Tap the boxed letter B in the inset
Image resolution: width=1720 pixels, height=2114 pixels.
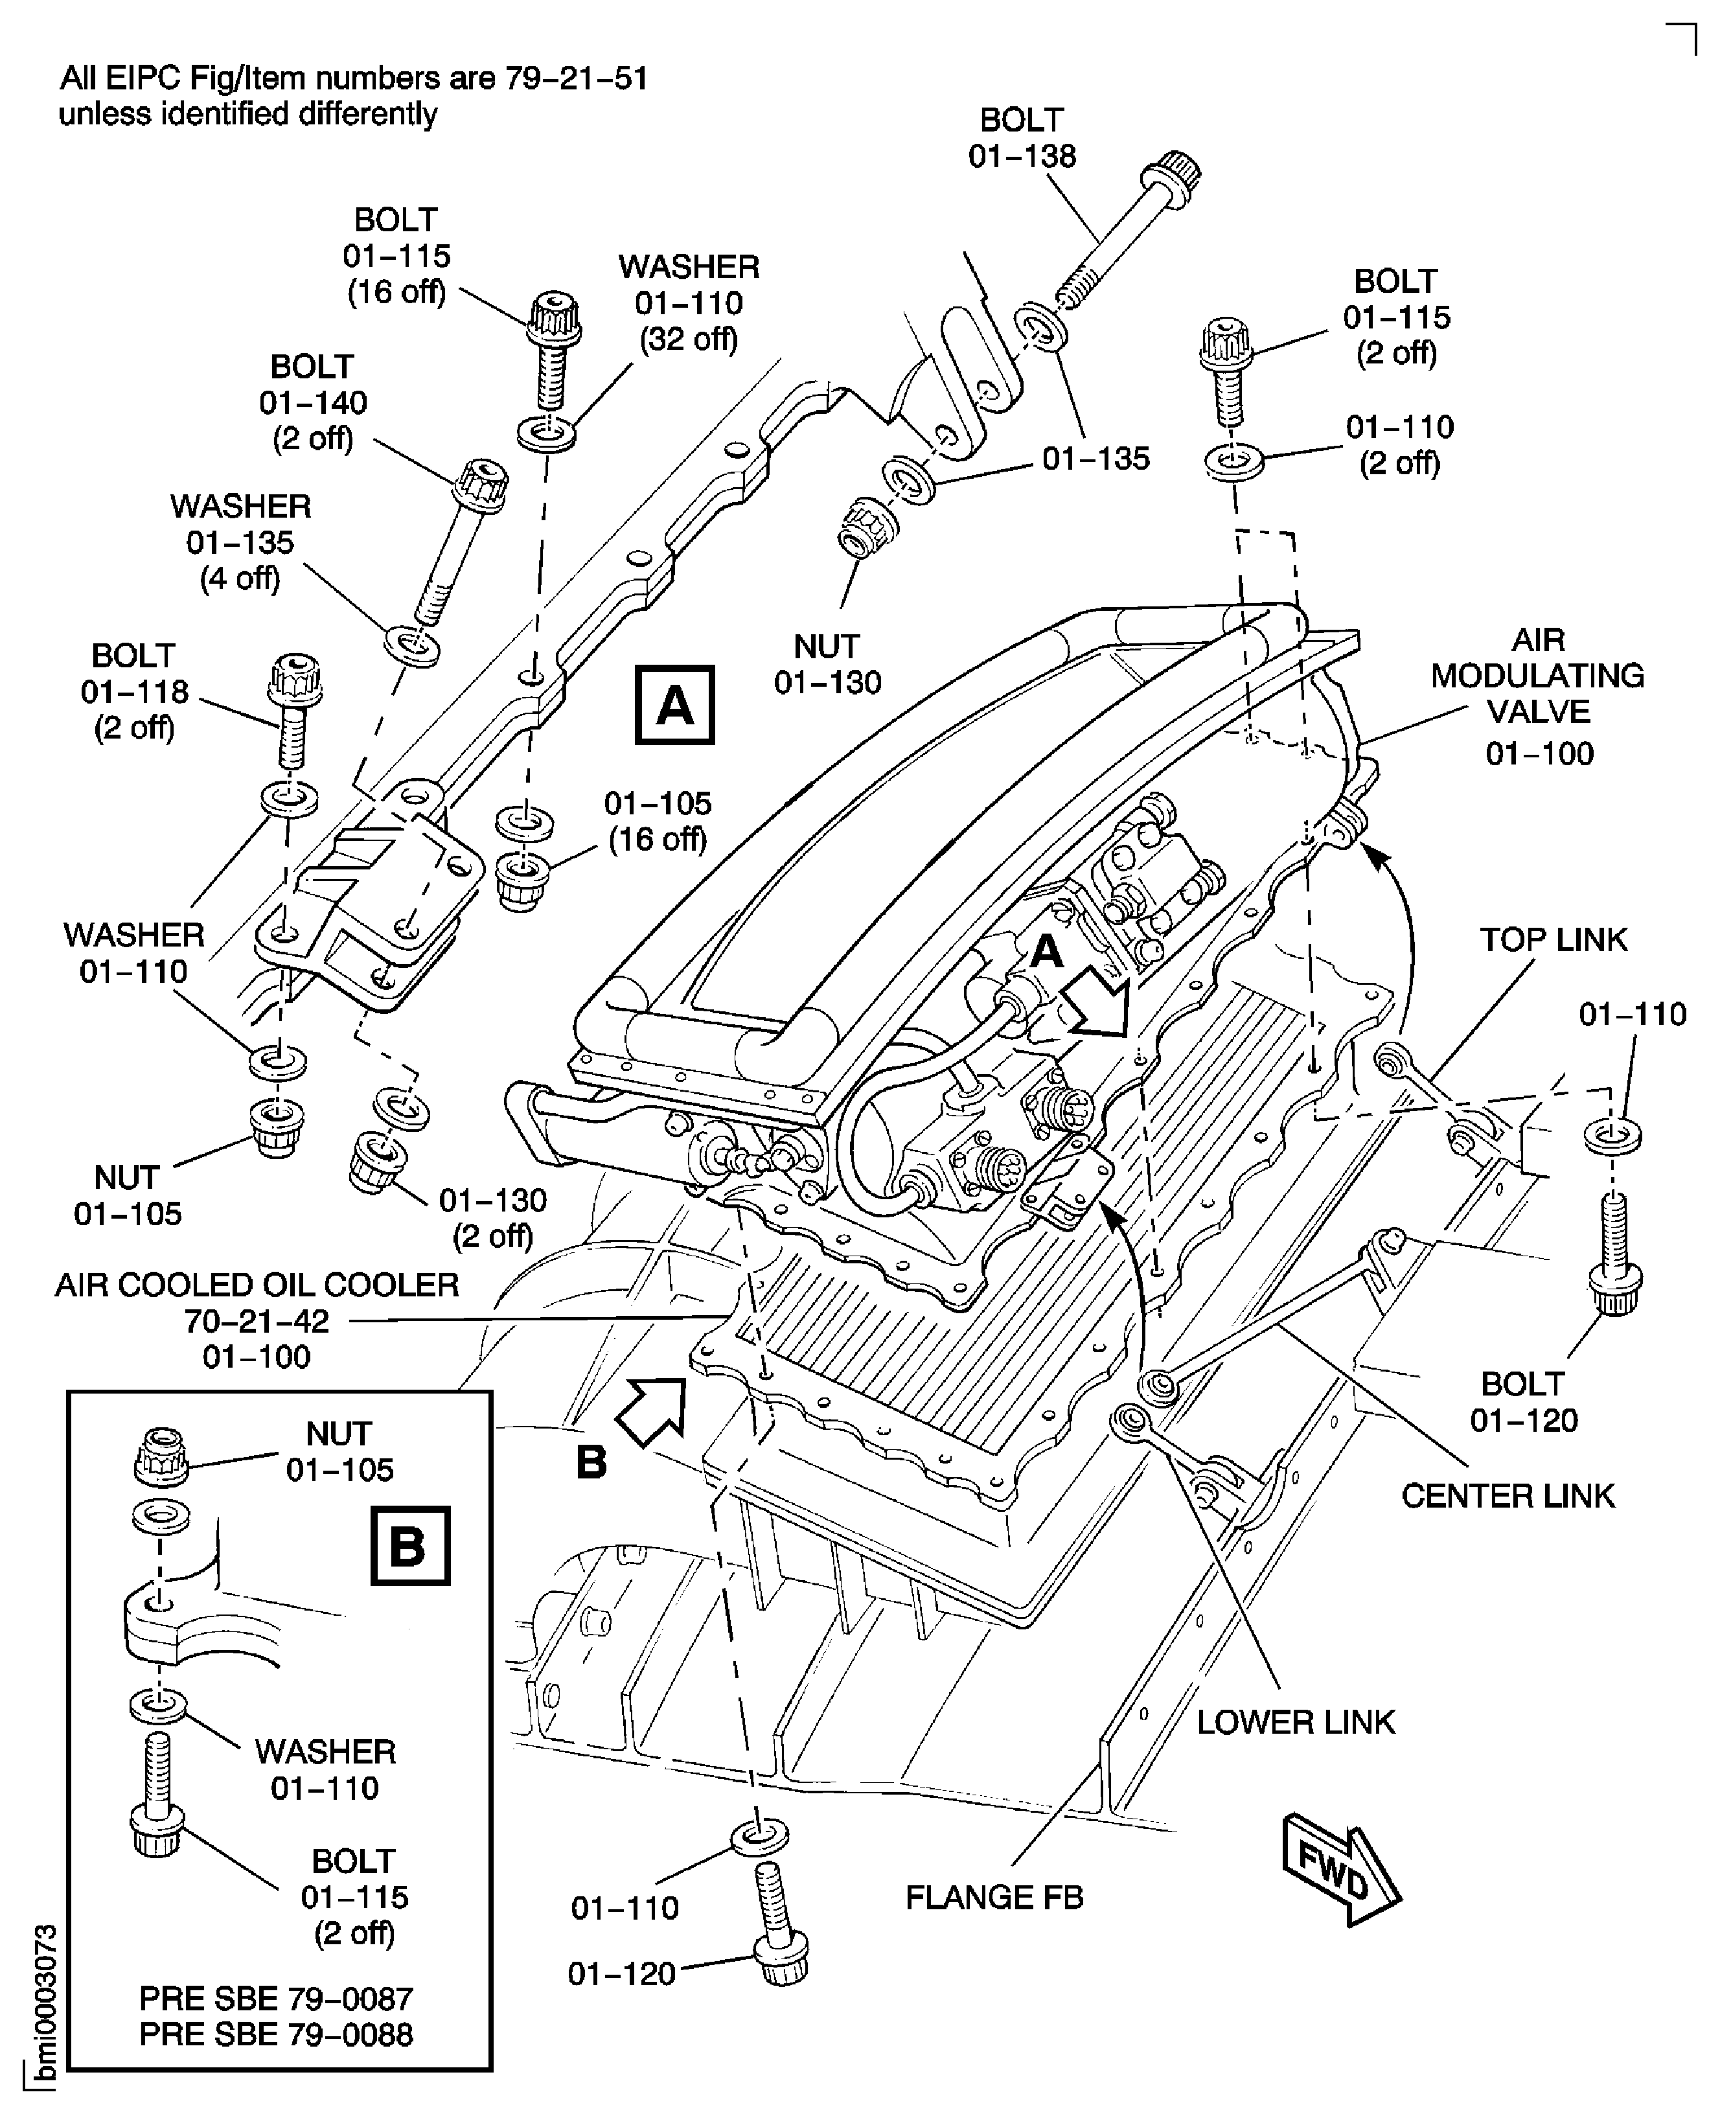[x=409, y=1545]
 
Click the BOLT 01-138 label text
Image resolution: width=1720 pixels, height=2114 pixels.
[x=1022, y=138]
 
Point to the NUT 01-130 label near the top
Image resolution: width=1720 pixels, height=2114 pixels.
[x=827, y=663]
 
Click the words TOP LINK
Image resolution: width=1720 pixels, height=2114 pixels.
[x=1553, y=939]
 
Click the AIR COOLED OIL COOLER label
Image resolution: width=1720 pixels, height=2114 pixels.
[x=257, y=1320]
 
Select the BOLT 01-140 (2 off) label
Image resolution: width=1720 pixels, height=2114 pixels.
[x=313, y=402]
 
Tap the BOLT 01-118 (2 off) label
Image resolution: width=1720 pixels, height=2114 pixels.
[x=133, y=691]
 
